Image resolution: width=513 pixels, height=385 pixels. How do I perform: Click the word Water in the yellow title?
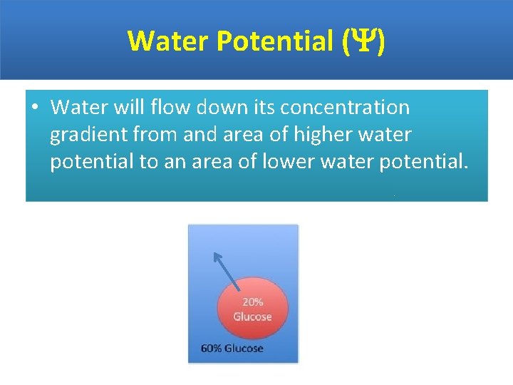click(168, 41)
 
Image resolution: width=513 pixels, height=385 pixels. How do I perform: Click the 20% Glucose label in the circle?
click(252, 309)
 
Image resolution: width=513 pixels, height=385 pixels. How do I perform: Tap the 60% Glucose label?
click(232, 349)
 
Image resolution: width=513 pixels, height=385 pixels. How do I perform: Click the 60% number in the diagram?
click(212, 349)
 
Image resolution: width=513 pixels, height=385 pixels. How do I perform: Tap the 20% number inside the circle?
click(252, 302)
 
